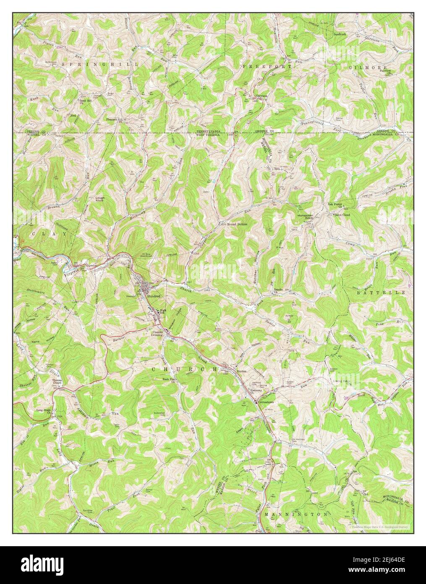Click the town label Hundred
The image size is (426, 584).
tap(153, 296)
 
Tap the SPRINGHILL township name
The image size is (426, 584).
tap(100, 64)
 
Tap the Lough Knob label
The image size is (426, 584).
tap(100, 199)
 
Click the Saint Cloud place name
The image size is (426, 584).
tap(342, 215)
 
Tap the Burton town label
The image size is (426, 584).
tap(242, 371)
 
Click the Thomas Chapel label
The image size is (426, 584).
tap(57, 382)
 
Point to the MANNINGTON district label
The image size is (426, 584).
tap(296, 514)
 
